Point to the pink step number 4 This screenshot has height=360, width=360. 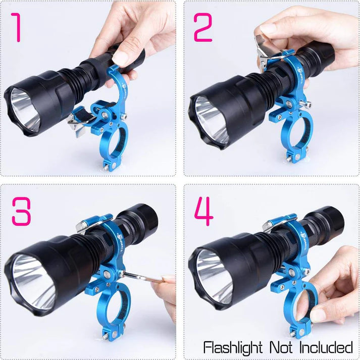(x=203, y=211)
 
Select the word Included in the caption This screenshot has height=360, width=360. (x=329, y=347)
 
